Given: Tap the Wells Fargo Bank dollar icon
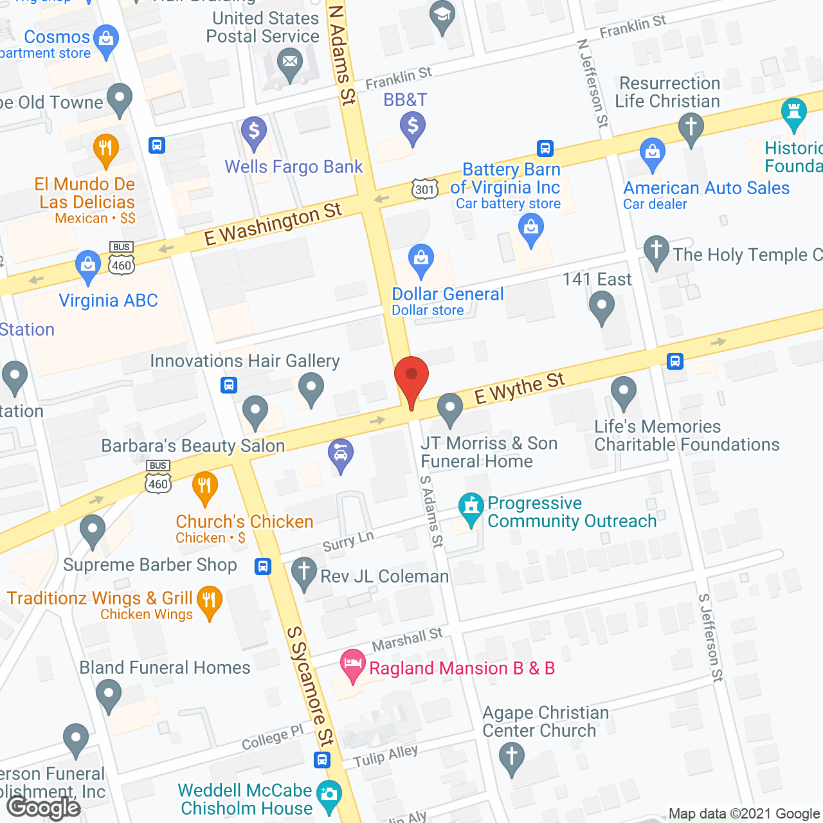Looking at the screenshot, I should [254, 132].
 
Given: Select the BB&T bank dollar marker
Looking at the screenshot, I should [413, 126].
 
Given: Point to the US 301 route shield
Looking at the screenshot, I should [424, 189].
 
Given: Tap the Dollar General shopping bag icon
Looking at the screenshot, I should [421, 259].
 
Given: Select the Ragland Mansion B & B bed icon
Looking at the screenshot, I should [352, 664].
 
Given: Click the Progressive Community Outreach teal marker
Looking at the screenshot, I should [471, 507].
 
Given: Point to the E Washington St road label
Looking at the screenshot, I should [273, 224].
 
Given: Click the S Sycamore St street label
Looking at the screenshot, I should [311, 685].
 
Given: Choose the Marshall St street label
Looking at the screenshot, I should [408, 640].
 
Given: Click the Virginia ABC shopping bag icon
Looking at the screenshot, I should [88, 265].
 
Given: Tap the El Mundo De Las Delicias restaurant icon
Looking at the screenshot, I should [106, 149].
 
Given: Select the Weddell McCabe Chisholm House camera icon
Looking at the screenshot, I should [329, 795].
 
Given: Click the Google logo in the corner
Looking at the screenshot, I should [44, 807].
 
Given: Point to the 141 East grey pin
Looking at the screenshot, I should [602, 306].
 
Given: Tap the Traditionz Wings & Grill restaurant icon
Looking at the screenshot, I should [210, 601].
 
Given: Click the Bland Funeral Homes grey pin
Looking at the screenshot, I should [108, 694].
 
